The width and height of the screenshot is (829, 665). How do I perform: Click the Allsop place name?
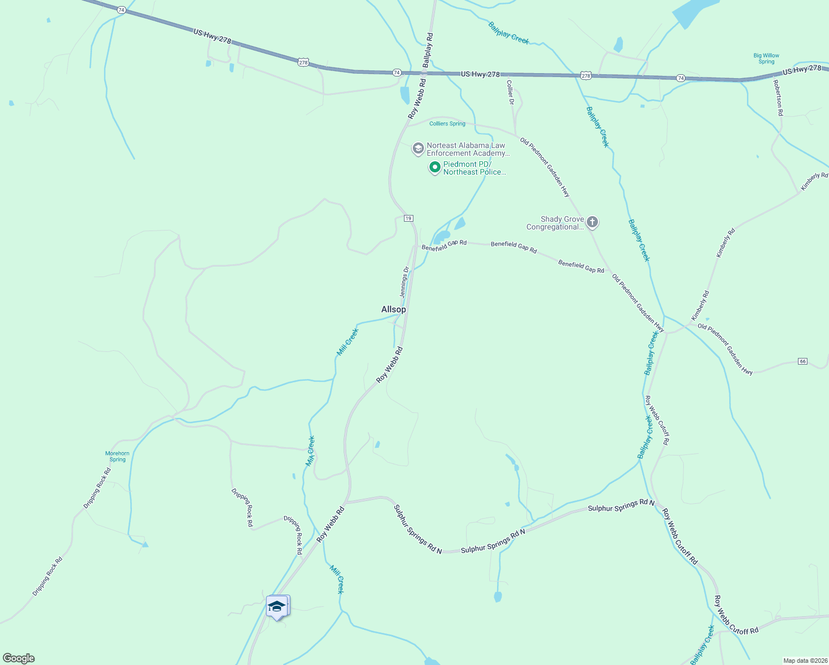[x=393, y=309]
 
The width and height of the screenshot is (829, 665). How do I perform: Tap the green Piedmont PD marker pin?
[x=435, y=167]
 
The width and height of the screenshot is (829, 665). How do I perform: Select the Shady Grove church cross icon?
[x=592, y=223]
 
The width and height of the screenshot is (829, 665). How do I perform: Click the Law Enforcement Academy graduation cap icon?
[x=418, y=149]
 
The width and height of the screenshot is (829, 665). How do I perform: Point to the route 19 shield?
[x=408, y=218]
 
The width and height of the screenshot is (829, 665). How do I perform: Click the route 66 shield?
[x=803, y=361]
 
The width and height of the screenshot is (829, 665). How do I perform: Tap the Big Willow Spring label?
[x=766, y=59]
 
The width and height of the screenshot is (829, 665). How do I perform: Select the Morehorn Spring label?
[x=117, y=456]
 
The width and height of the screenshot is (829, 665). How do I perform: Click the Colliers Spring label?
[x=447, y=124]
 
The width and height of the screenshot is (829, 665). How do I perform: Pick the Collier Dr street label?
[x=510, y=92]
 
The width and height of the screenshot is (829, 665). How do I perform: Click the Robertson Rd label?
[x=779, y=98]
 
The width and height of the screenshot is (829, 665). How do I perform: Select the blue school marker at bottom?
[x=277, y=606]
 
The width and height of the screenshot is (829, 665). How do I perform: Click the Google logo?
[x=19, y=658]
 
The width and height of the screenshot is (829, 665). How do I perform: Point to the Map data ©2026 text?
[x=804, y=661]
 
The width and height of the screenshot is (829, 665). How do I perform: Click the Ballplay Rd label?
[x=428, y=50]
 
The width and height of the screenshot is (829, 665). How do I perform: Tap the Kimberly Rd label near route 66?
[x=700, y=305]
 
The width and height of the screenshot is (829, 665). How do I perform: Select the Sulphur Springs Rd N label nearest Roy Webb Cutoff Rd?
[x=621, y=505]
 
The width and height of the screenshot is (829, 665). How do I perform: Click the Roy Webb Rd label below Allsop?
[x=390, y=365]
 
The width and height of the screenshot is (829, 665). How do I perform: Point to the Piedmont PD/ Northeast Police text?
[x=474, y=168]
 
